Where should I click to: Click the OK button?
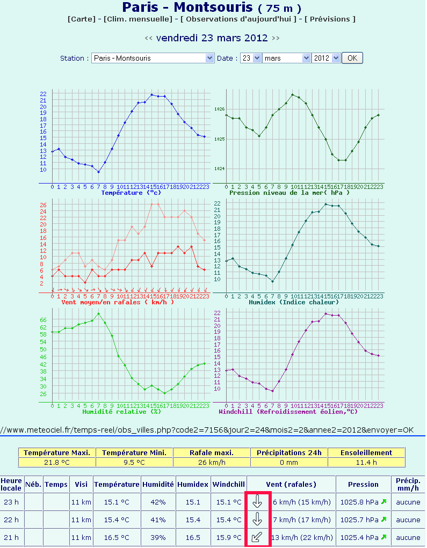[x=352, y=58]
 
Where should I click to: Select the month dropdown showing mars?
[x=286, y=58]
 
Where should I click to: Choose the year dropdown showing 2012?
[x=326, y=58]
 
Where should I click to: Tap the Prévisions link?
[x=330, y=19]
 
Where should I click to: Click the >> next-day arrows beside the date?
[x=276, y=38]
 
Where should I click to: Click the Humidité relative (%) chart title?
[x=121, y=412]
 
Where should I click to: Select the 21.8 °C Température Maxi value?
[x=57, y=462]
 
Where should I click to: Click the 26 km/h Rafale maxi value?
[x=212, y=462]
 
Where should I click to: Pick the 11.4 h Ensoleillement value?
[x=366, y=462]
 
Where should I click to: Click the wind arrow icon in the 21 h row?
[x=257, y=537]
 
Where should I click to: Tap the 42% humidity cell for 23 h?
[x=158, y=502]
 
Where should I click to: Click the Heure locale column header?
[x=11, y=484]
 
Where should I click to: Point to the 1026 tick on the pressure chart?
[x=219, y=109]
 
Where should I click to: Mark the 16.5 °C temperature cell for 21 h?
[x=117, y=537]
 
